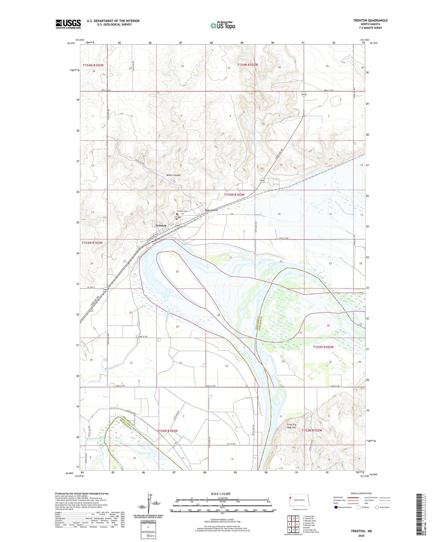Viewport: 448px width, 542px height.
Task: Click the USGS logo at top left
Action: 68,24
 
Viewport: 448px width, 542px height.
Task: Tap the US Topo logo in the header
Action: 223,25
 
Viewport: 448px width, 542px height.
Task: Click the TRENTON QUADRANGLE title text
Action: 370,20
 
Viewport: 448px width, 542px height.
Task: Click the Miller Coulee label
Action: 173,175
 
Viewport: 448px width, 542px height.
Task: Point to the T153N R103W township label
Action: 92,243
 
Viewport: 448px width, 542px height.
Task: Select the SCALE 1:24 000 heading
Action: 220,494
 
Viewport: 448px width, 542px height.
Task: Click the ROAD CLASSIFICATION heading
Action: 361,493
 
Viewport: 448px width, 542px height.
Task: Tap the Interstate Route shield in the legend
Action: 336,507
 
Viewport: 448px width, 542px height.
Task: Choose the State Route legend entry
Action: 377,507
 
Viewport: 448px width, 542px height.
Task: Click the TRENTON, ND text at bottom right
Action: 361,531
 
